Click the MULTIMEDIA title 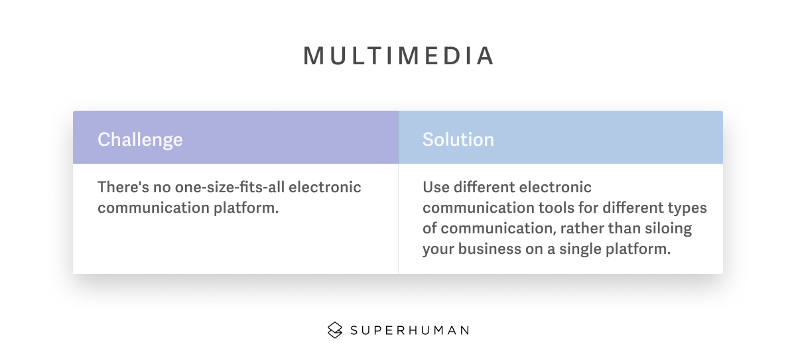[x=398, y=56]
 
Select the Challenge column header [x=140, y=139]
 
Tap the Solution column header [x=458, y=139]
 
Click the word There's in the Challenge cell [x=123, y=187]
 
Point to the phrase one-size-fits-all [x=230, y=187]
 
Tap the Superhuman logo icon [x=335, y=330]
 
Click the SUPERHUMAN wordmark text [x=410, y=331]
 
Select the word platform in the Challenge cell [x=246, y=208]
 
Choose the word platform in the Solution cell [x=638, y=249]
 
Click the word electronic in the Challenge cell [x=325, y=187]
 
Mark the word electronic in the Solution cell [x=555, y=187]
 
